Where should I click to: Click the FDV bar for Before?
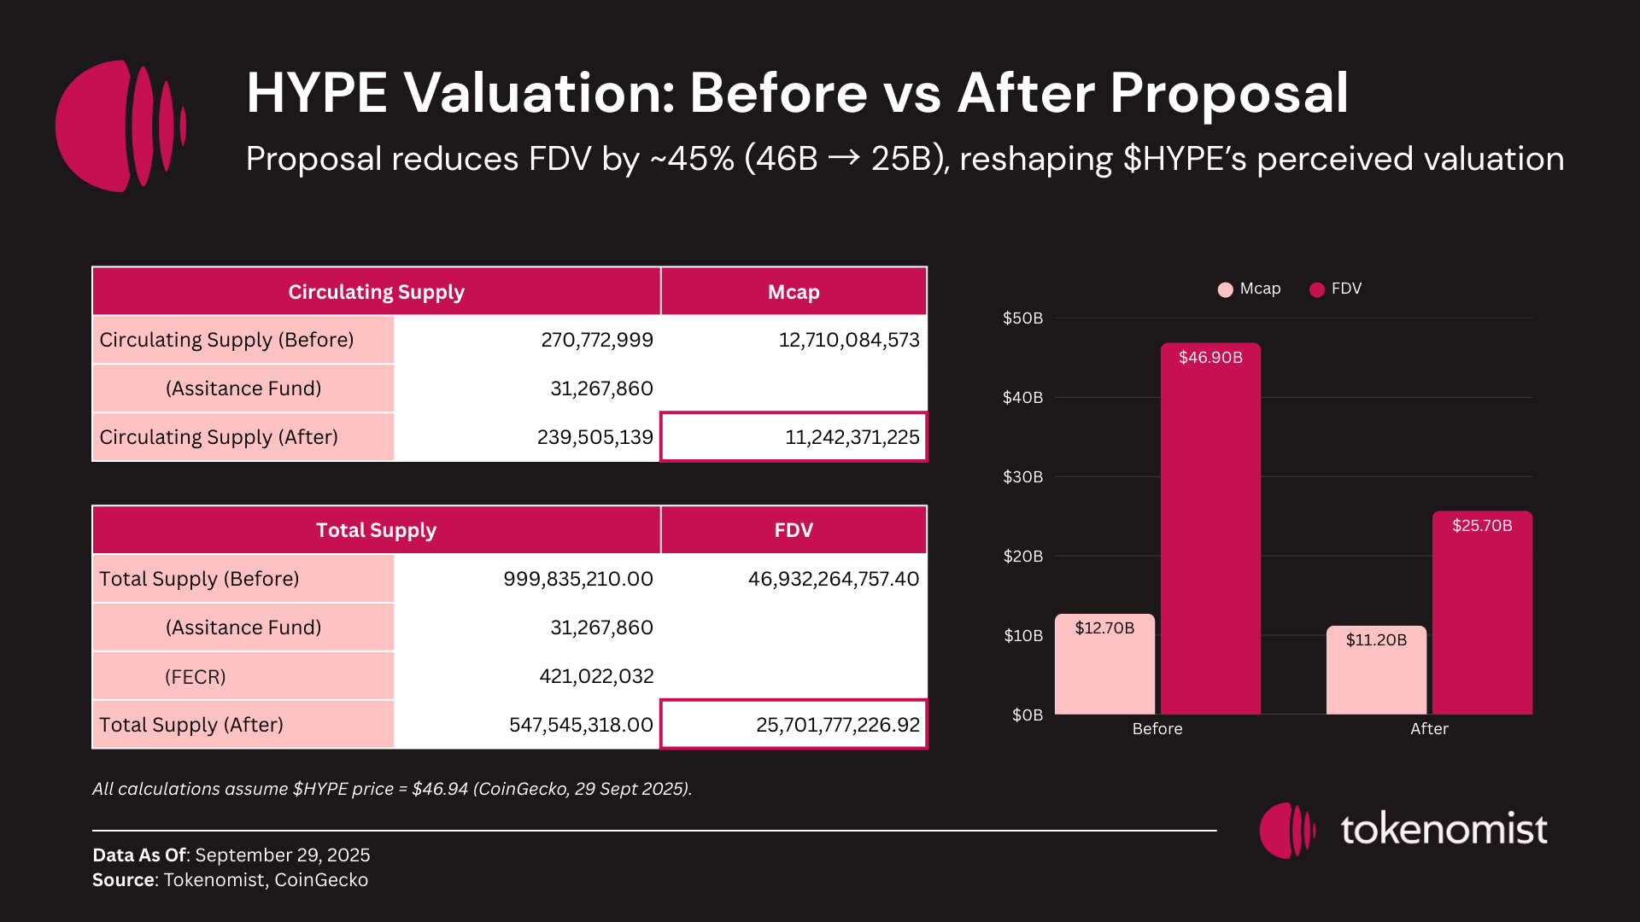click(x=1210, y=529)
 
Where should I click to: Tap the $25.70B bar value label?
click(x=1482, y=526)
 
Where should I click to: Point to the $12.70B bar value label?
click(x=1104, y=628)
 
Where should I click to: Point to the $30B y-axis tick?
click(x=1022, y=477)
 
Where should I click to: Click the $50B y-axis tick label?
click(x=1022, y=318)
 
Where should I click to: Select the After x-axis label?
click(x=1429, y=729)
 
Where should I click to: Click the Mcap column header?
click(x=794, y=292)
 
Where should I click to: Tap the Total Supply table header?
click(x=376, y=530)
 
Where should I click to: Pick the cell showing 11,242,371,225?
click(x=794, y=437)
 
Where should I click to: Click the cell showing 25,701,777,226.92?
click(x=794, y=725)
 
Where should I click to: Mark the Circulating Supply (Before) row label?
click(x=226, y=340)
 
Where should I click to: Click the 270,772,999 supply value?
click(x=596, y=340)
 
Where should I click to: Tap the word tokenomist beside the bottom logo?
click(x=1444, y=830)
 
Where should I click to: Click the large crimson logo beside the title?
click(x=120, y=125)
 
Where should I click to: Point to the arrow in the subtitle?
click(x=844, y=159)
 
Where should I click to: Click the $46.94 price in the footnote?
click(x=440, y=789)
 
